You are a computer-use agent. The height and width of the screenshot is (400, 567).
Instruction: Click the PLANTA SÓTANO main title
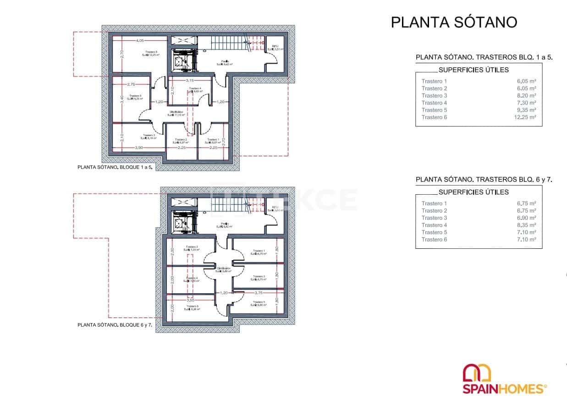pos(454,22)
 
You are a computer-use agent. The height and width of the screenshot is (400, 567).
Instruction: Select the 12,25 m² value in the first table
pos(526,117)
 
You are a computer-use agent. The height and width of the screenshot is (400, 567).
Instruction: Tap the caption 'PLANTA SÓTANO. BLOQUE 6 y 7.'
pos(115,325)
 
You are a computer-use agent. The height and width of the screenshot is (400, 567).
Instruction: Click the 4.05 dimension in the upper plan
pos(140,41)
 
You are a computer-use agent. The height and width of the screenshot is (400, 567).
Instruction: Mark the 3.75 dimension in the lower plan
pos(258,292)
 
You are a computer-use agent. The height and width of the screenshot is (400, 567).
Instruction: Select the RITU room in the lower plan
pos(275,208)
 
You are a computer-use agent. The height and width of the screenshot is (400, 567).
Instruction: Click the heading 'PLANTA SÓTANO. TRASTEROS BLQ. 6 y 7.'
pos(484,180)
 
